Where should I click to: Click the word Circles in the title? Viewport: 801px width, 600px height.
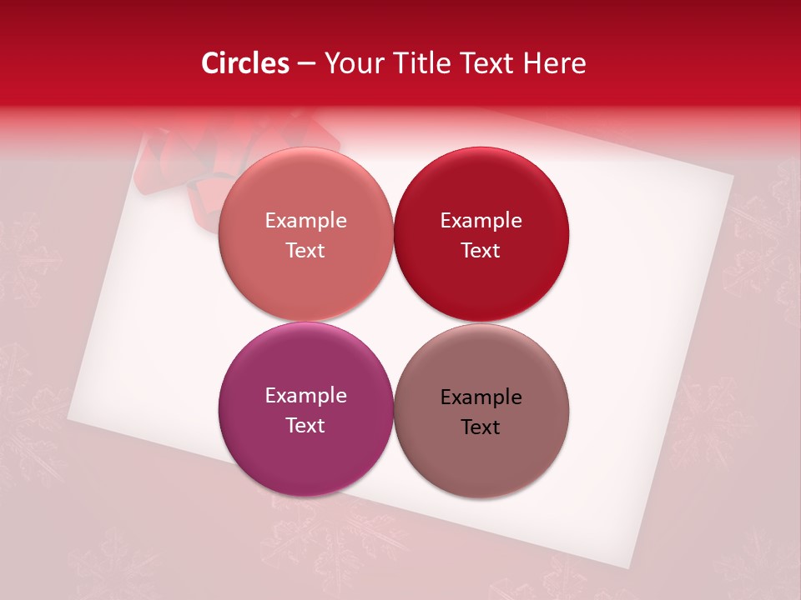pyautogui.click(x=244, y=63)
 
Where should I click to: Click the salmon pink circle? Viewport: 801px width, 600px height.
pyautogui.click(x=305, y=234)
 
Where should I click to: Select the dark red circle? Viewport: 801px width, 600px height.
pyautogui.click(x=481, y=234)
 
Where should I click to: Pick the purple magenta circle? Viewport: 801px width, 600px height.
pyautogui.click(x=305, y=409)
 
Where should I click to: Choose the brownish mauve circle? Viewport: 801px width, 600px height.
pyautogui.click(x=481, y=411)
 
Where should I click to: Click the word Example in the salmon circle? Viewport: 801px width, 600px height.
pyautogui.click(x=305, y=220)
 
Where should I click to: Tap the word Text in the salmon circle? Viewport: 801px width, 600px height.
pyautogui.click(x=305, y=250)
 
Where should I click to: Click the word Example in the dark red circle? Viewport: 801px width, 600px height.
pyautogui.click(x=481, y=220)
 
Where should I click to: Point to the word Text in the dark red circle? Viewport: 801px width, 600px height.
pyautogui.click(x=481, y=250)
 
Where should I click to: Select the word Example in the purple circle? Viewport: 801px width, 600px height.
pyautogui.click(x=305, y=395)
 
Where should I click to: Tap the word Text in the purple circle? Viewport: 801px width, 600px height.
pyautogui.click(x=305, y=425)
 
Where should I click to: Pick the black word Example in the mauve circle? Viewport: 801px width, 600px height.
pyautogui.click(x=481, y=397)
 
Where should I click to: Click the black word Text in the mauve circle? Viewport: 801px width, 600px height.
pyautogui.click(x=481, y=427)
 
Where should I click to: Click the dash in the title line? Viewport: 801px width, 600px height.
pyautogui.click(x=306, y=64)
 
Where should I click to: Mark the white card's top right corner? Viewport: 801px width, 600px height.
pyautogui.click(x=733, y=177)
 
